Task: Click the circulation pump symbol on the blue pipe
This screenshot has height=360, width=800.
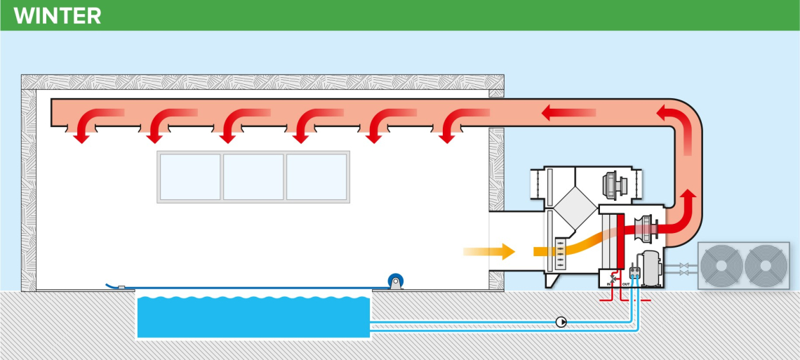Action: [561, 322]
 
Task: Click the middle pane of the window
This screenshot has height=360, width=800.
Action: [253, 177]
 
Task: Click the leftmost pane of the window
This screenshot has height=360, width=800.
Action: [190, 177]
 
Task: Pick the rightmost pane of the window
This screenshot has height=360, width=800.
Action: [316, 177]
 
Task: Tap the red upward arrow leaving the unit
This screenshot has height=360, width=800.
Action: [691, 204]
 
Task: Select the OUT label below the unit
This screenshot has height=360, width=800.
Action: [626, 285]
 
